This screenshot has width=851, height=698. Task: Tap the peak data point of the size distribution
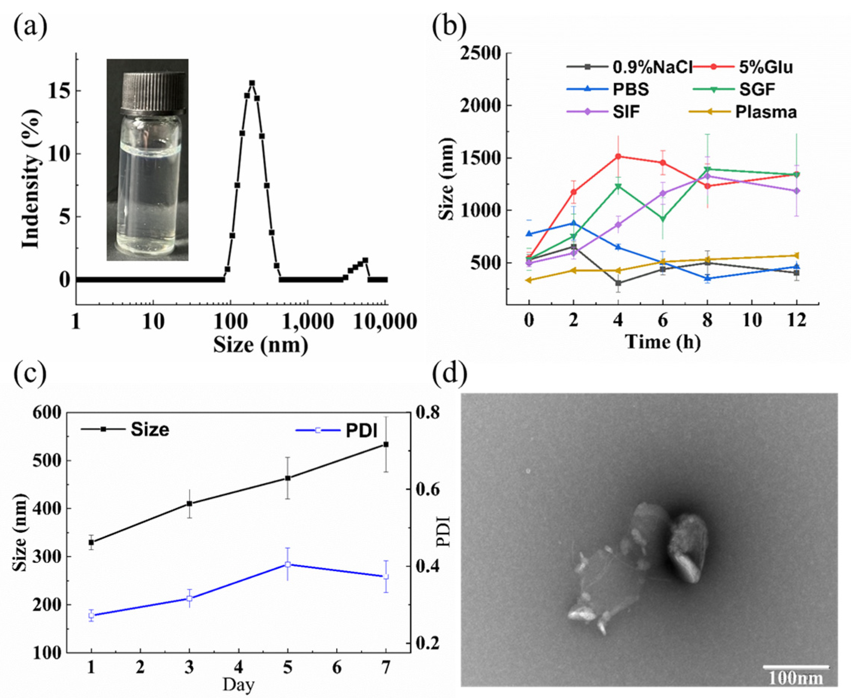click(x=252, y=83)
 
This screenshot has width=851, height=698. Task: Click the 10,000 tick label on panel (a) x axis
click(x=385, y=322)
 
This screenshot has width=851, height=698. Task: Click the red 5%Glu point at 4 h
click(x=618, y=157)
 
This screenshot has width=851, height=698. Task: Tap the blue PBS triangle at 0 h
click(x=529, y=234)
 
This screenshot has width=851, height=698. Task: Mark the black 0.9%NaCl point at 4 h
click(x=618, y=283)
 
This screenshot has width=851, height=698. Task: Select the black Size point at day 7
click(x=386, y=444)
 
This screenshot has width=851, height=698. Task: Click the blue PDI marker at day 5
click(x=288, y=564)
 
